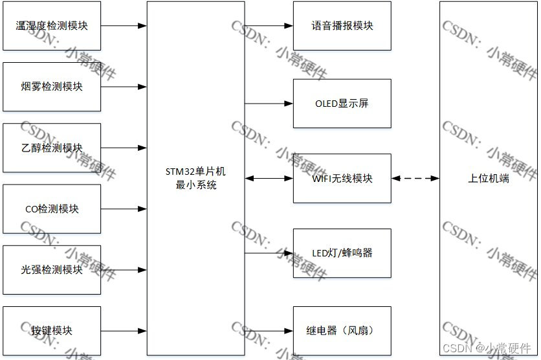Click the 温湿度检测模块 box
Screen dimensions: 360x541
click(52, 27)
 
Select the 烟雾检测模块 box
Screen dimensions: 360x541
click(52, 87)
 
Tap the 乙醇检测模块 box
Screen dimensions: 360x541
click(52, 148)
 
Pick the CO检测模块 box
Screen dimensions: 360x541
click(52, 208)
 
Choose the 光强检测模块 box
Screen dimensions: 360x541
click(52, 269)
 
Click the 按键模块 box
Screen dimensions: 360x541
click(52, 330)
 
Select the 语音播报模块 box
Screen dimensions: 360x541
click(342, 27)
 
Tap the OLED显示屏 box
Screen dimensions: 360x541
click(342, 104)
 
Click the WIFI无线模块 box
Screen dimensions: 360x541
click(342, 178)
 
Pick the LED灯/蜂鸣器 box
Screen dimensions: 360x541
click(342, 253)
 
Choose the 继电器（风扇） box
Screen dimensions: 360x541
click(342, 330)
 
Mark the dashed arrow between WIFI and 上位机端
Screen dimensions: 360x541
click(415, 178)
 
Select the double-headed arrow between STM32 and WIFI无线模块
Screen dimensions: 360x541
click(269, 178)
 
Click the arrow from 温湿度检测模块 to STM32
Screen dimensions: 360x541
click(124, 27)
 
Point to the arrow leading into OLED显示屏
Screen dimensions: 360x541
click(269, 104)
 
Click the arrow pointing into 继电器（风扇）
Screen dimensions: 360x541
click(269, 330)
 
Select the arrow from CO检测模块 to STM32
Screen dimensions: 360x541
click(124, 208)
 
